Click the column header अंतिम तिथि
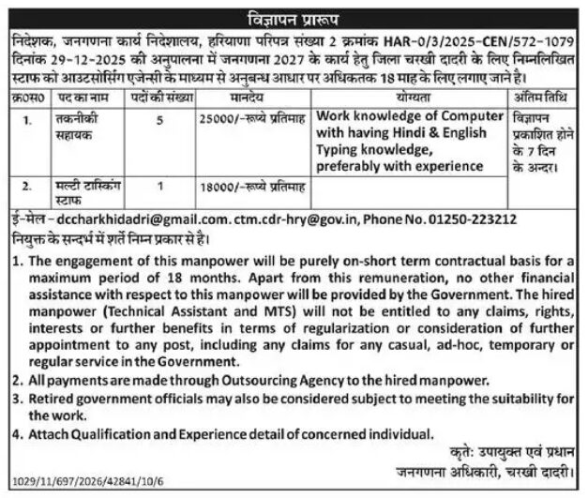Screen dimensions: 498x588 pos(537,95)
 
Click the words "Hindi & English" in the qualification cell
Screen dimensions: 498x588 pos(431,134)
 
